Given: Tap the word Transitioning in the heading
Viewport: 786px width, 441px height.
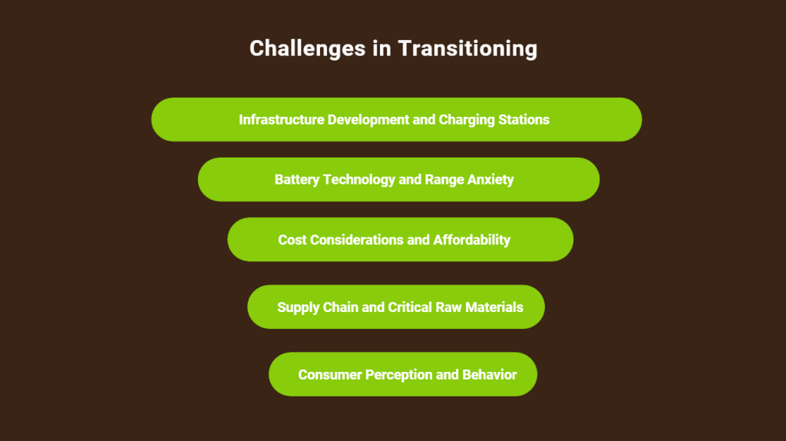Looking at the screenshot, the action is point(467,48).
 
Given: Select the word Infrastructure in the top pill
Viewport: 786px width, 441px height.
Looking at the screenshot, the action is point(282,120).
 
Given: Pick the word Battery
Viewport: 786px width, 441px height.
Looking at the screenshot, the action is point(297,180).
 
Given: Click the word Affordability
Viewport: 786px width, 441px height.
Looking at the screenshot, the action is point(472,240).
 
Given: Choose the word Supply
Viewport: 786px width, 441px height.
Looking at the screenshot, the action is point(299,308).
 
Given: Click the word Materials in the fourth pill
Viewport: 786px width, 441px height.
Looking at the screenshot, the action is point(494,307).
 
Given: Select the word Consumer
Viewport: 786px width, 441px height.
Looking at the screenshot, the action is point(330,375).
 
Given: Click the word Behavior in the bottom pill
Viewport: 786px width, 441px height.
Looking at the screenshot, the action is point(489,375).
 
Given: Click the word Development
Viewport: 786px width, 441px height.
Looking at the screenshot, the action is point(368,121).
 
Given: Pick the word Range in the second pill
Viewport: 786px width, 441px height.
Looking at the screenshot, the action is point(444,181).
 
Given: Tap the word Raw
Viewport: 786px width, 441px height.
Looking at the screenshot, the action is point(447,307).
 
